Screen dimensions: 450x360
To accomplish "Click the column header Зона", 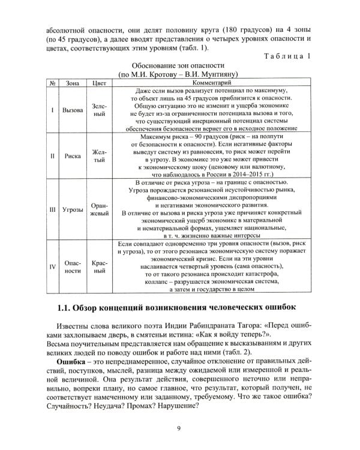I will click(73, 82).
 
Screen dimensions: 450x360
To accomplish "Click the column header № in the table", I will click(52, 82).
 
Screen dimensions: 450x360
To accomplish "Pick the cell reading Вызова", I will click(73, 110).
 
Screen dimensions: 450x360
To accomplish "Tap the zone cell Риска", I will click(73, 156).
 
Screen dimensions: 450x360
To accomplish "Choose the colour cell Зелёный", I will click(99, 110).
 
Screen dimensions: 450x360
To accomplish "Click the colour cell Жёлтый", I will click(99, 156).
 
